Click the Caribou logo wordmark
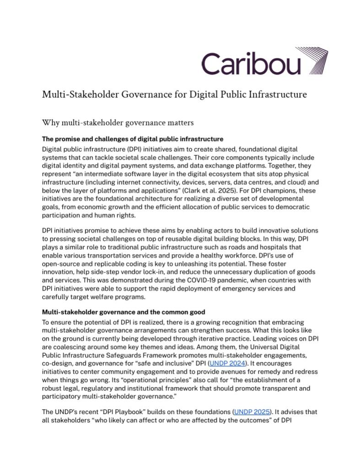[x=251, y=64]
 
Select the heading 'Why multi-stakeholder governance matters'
[x=118, y=122]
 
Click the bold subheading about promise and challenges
[x=132, y=139]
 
